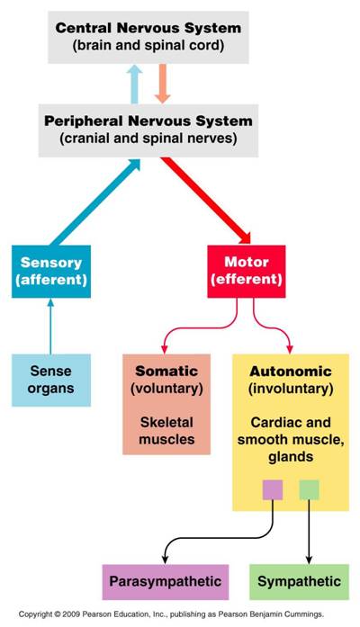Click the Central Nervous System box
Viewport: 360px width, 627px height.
pos(148,37)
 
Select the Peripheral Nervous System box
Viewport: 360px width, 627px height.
pos(148,130)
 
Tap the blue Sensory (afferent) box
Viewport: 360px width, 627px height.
pos(51,272)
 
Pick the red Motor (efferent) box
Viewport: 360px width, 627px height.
pos(247,272)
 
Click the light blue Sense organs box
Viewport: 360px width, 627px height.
pos(51,381)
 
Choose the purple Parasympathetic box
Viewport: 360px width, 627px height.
pos(166,582)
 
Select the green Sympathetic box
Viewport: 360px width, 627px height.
pos(299,582)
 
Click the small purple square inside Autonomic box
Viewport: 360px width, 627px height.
pos(273,490)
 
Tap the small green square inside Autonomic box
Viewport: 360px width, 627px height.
pos(310,490)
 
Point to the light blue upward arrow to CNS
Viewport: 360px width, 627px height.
pos(134,85)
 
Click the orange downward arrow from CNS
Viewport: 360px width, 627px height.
pos(162,84)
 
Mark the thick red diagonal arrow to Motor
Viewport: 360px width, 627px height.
pos(206,201)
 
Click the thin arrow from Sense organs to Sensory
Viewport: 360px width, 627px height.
pos(50,327)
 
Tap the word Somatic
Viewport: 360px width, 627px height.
pos(166,372)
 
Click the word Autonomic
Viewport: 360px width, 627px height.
pos(291,372)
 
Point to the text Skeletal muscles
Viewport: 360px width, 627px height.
pos(166,431)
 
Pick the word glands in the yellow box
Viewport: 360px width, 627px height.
pos(291,457)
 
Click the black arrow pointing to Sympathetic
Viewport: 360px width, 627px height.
pos(309,532)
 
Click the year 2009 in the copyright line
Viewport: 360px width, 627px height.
pos(71,614)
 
